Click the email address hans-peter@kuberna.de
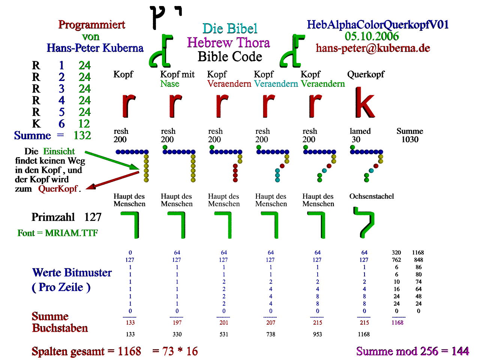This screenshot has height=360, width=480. [373, 48]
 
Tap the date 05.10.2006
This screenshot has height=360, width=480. [372, 36]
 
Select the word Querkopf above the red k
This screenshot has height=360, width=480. [366, 74]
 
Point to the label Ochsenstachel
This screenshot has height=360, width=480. [372, 196]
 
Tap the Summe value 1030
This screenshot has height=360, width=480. [410, 139]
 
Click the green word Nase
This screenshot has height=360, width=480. [170, 84]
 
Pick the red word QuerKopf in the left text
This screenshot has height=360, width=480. [58, 189]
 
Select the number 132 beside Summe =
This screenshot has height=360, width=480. [82, 135]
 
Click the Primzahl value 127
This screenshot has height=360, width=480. [93, 217]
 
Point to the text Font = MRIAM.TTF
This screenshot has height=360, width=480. [58, 233]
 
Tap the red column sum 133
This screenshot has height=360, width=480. [130, 322]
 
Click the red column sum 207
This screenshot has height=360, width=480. [271, 322]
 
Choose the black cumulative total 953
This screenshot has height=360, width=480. [317, 334]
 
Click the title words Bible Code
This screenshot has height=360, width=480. [230, 57]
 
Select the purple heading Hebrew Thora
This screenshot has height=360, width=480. [228, 43]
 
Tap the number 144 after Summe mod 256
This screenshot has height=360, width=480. [460, 351]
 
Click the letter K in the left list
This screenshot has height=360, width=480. [36, 124]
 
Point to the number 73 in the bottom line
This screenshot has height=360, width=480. [168, 351]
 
